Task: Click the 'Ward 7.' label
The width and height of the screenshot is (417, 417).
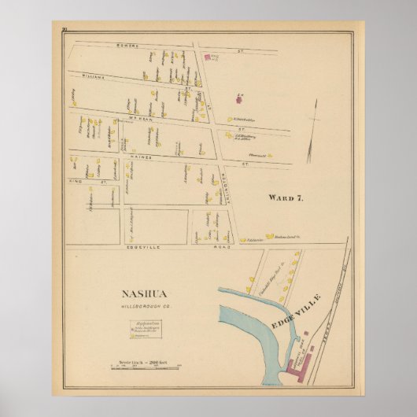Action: (x=285, y=197)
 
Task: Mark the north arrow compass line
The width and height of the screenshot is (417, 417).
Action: (x=314, y=123)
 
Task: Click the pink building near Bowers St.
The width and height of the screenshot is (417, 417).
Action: (x=208, y=57)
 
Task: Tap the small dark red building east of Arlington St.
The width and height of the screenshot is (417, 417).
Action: (x=238, y=99)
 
